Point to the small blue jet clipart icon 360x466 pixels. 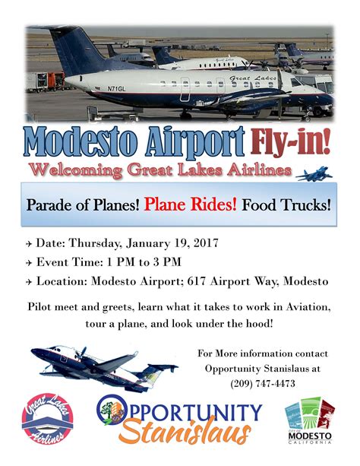coord(314,174)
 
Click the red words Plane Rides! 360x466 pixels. coord(191,204)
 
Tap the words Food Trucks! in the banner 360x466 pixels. coord(286,205)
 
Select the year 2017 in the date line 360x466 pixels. coord(206,243)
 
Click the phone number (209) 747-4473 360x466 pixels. coord(263,383)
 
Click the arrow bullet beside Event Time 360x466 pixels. coord(29,263)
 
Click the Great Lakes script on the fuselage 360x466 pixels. coord(252,78)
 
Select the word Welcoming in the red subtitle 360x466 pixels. coord(75,170)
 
